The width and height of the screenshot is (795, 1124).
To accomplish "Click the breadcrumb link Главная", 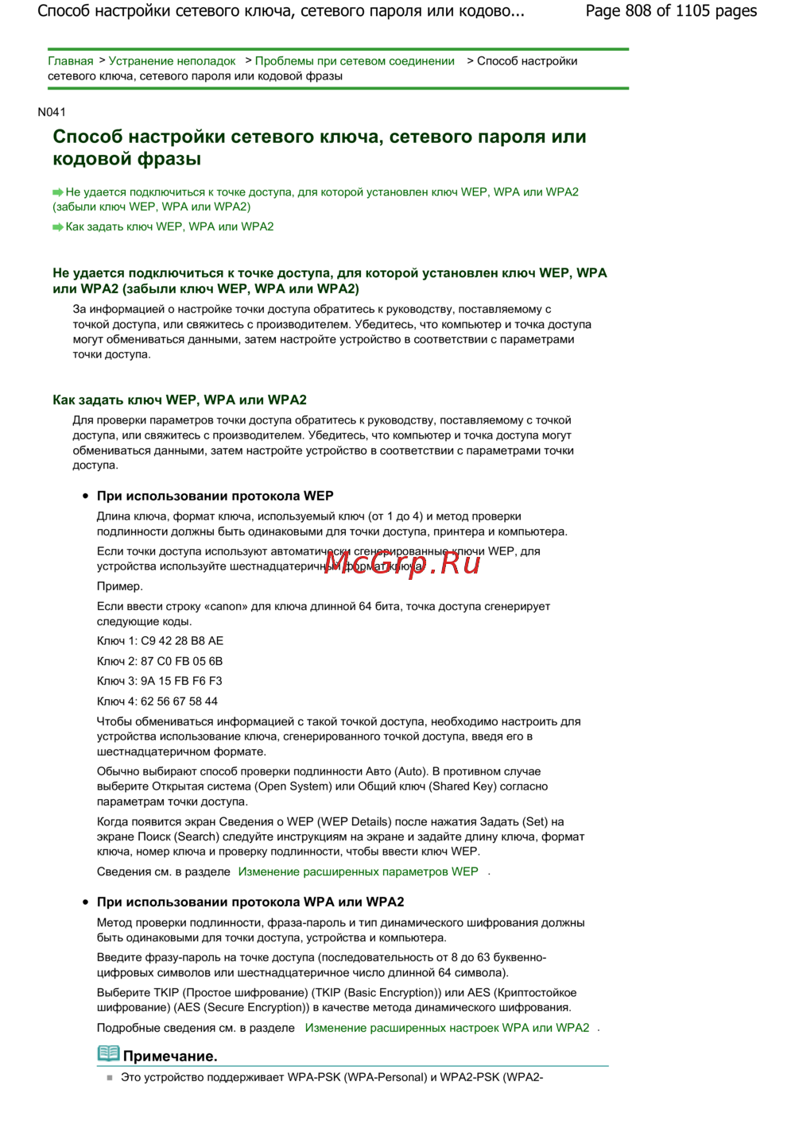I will coord(70,61).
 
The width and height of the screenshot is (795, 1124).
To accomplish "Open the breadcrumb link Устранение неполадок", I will coord(172,61).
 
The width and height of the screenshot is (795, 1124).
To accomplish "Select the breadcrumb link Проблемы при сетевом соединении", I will coord(355,61).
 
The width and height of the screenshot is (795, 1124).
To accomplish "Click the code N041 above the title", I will coord(52,112).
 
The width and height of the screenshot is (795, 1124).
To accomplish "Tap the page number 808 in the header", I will coord(638,11).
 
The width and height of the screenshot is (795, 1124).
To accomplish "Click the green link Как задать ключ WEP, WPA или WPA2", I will coord(169,226).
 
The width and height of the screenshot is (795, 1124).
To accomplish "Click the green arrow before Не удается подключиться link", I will coord(58,192).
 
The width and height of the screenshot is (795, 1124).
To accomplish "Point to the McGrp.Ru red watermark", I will coord(402,562).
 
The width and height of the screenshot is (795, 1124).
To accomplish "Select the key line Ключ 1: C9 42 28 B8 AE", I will coord(160,641).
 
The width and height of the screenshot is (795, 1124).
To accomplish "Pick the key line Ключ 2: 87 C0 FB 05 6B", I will coord(160,661).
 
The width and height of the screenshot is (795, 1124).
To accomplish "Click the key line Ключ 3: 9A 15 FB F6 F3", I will coord(160,681).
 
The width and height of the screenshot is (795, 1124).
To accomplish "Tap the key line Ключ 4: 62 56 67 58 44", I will coord(157,701).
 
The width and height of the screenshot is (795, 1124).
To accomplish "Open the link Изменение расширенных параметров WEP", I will coord(358,871).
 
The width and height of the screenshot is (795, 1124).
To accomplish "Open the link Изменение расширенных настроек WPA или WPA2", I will coord(447,1028).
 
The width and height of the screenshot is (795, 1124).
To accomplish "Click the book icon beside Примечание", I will coord(108,1054).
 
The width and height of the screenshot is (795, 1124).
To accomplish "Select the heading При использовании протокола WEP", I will coord(215,496).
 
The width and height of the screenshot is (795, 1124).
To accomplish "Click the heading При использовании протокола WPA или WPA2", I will coord(250,902).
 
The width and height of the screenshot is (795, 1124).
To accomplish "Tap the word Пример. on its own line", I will coord(120,586).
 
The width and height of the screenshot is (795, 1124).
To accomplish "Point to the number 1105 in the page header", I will coord(694,11).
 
